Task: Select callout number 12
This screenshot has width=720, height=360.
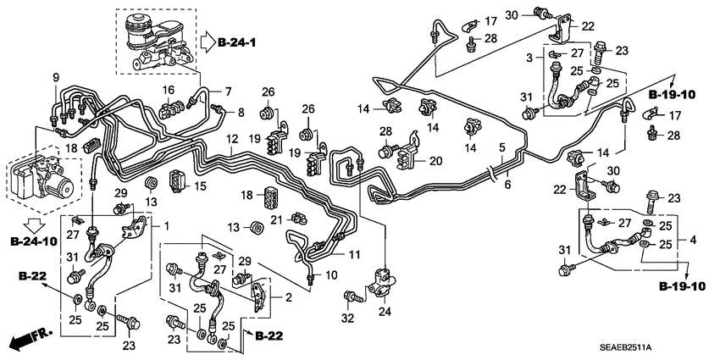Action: pos(230,137)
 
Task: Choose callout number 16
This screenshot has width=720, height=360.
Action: pos(168,90)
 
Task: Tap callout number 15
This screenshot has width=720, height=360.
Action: pos(201,186)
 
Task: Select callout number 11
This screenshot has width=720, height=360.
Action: pos(353,253)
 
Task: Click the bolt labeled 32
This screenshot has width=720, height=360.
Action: pos(350,297)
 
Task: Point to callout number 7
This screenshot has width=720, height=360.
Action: pos(226,90)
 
